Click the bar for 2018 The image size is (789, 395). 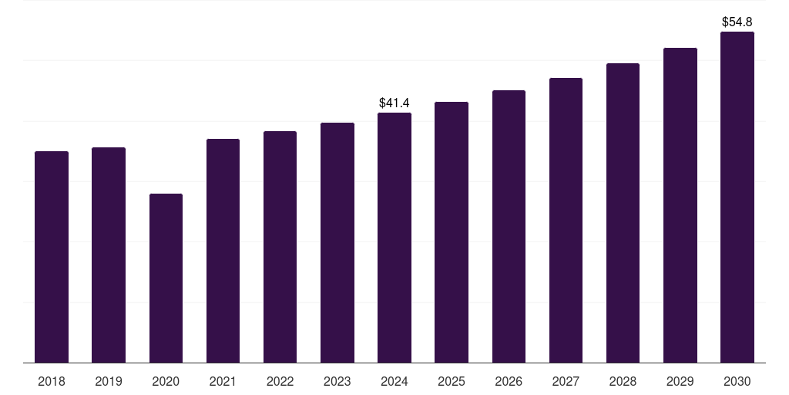coord(52,257)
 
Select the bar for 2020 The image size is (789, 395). coord(166,278)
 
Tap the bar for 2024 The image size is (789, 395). coord(394,238)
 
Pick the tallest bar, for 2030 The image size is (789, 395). coord(737,197)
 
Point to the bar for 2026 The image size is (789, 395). coord(509,226)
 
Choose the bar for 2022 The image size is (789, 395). coord(280,247)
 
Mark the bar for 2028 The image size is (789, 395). coord(623,213)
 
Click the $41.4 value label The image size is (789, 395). coord(394,103)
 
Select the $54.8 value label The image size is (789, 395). coord(737,22)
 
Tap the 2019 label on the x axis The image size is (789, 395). coord(109,381)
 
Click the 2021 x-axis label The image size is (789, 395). coord(223,381)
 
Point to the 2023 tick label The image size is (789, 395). coord(337,381)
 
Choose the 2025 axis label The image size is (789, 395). coord(452,381)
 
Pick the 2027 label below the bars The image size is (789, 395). coord(566,381)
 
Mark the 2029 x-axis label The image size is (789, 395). coord(680,381)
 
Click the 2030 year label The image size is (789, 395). coord(737,381)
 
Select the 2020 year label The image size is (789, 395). coord(166,381)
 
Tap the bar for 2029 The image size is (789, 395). coord(680,205)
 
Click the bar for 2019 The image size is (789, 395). coord(109,255)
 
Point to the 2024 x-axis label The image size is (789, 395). coord(394,381)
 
